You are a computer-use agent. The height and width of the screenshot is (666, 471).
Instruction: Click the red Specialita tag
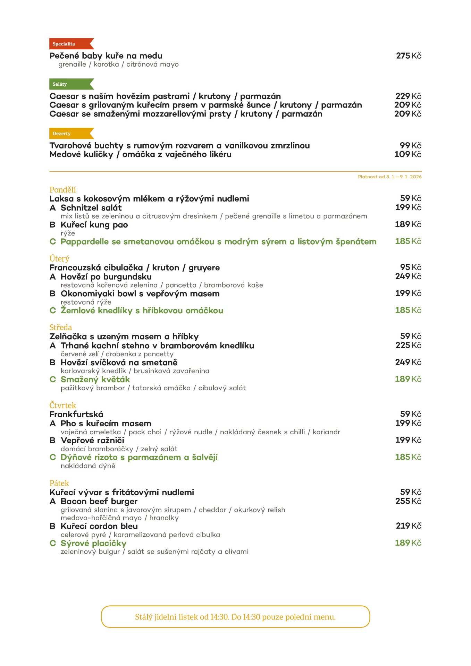[x=69, y=44]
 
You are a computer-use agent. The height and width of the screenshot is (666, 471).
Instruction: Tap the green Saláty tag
[x=69, y=84]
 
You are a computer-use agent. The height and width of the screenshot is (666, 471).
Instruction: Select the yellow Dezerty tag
[x=69, y=134]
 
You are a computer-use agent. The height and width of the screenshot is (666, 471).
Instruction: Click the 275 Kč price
[x=409, y=56]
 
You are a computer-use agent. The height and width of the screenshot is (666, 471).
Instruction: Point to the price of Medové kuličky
[x=408, y=154]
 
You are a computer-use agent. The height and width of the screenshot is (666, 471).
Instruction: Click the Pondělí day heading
[x=62, y=190]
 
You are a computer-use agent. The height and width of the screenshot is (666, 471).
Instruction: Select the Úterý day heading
[x=59, y=259]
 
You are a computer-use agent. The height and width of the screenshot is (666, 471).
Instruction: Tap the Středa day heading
[x=60, y=327]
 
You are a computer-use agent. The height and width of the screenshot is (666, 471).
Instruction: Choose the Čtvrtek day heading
[x=62, y=405]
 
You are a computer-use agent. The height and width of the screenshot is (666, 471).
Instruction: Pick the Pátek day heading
[x=59, y=483]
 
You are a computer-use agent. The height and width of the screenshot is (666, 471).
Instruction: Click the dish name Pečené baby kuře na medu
[x=106, y=56]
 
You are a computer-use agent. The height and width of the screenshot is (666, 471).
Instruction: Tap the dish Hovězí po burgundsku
[x=106, y=277]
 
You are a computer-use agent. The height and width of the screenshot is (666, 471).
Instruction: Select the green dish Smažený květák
[x=95, y=379]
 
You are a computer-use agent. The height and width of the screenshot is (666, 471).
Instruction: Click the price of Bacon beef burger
[x=408, y=501]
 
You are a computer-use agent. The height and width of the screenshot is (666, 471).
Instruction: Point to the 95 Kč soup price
[x=411, y=267]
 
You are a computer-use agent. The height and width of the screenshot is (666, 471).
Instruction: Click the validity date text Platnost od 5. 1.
[x=389, y=177]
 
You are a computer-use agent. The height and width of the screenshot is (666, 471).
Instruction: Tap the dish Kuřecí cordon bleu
[x=99, y=526]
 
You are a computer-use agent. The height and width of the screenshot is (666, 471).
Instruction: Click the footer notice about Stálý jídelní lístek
[x=235, y=617]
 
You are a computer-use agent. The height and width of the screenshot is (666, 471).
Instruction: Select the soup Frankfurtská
[x=76, y=415]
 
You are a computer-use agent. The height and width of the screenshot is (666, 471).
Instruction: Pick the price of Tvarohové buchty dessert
[x=410, y=146]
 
